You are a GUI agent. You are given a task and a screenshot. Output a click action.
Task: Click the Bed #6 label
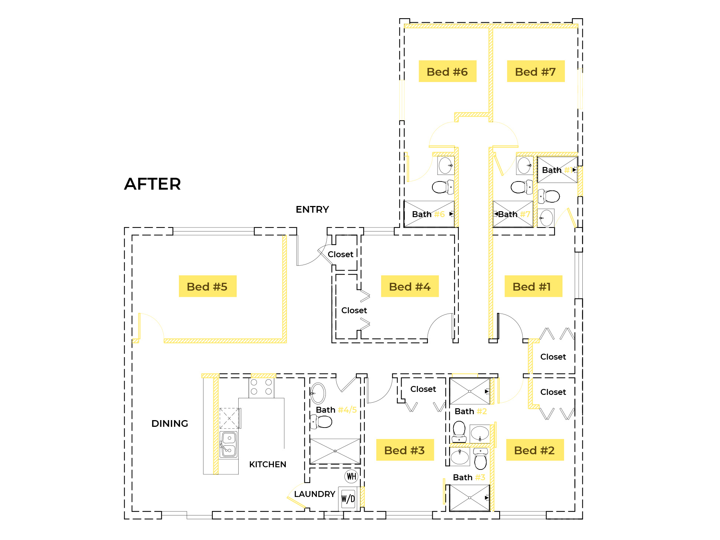447,71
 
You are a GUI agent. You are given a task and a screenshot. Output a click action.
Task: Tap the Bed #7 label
536,71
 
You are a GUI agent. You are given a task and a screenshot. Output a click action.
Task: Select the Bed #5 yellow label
207,286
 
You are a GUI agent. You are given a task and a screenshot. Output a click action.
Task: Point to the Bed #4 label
410,286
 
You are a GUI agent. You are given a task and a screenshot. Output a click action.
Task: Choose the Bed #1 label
533,286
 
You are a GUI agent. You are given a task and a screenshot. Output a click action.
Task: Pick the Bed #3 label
405,450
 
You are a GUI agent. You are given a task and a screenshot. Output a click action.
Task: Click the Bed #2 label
535,450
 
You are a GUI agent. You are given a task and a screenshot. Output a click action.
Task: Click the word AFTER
153,184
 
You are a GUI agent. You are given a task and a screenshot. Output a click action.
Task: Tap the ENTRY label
312,210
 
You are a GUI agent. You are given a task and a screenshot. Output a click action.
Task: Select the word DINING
170,423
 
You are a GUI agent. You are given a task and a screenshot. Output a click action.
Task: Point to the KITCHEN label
268,464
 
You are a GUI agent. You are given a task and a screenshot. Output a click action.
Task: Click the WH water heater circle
351,476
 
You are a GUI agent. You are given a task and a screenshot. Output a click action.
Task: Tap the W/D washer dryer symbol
348,499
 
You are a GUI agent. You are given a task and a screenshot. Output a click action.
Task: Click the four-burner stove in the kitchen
261,387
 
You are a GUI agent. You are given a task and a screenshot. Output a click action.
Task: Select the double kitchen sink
228,444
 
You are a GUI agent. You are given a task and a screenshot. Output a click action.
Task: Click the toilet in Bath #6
442,187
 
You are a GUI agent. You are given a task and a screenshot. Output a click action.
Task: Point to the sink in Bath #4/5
318,393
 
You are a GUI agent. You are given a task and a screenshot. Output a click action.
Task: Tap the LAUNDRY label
314,494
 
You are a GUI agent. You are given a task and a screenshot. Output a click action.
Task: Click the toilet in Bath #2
459,431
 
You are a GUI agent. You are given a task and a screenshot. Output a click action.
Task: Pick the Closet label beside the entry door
340,254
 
